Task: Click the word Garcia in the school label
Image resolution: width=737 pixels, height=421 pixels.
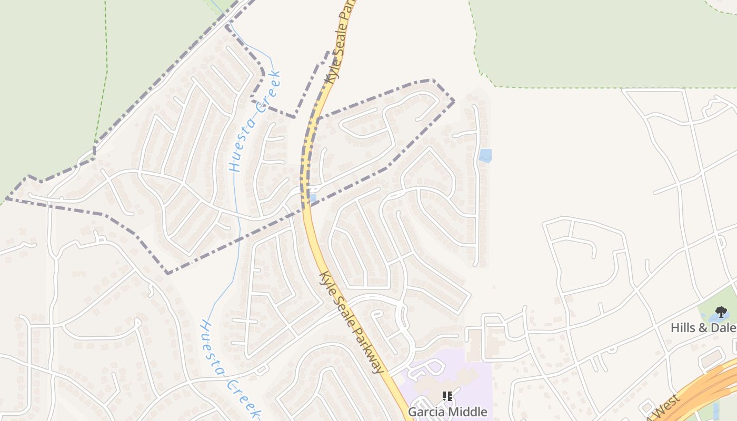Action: [x=427, y=412]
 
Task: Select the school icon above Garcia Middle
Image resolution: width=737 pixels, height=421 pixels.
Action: [x=447, y=396]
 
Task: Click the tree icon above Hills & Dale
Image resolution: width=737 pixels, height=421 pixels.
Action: [x=721, y=312]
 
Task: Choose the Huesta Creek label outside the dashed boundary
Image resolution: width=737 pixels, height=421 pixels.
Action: [x=230, y=368]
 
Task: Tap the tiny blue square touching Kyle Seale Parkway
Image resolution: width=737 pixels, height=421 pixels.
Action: [x=313, y=198]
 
